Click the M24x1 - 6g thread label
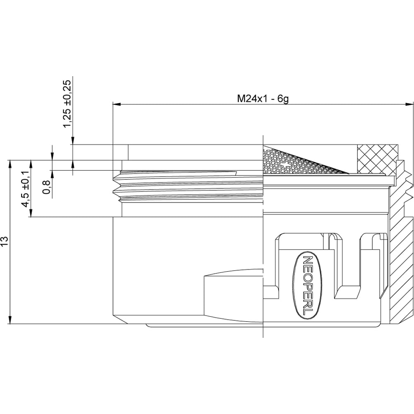(263, 99)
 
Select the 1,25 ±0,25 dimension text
(67, 103)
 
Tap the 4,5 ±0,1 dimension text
(26, 189)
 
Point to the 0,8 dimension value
(46, 187)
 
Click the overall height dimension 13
(5, 241)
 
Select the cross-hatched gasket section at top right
(377, 159)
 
